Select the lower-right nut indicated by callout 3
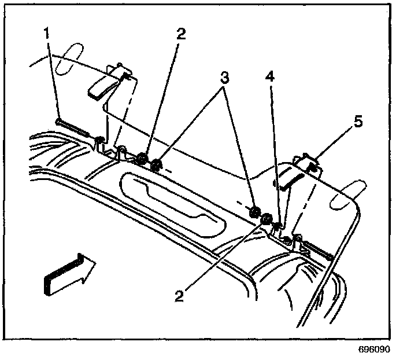[x=253, y=211]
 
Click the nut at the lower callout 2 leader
[x=266, y=218]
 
